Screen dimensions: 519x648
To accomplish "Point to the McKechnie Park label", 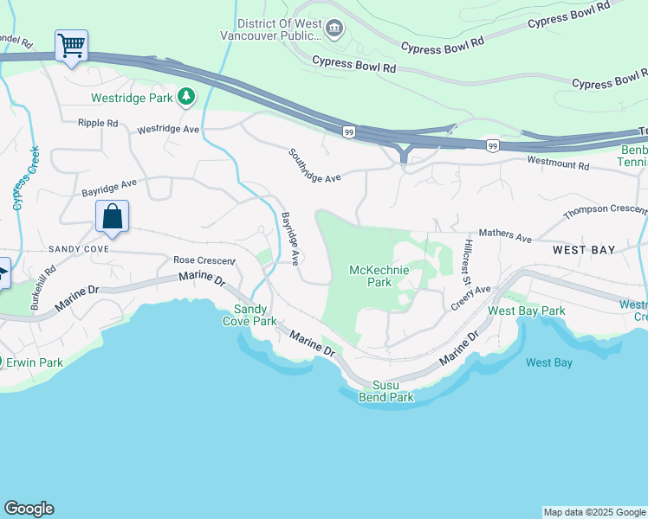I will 379,276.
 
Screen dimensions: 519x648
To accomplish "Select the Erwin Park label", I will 34,362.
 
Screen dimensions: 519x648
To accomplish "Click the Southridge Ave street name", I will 315,165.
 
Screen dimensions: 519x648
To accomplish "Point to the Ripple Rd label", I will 97,124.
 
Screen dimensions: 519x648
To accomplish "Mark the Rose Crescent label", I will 204,259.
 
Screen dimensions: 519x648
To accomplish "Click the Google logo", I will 29,509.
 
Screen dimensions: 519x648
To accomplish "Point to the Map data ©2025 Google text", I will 593,512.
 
